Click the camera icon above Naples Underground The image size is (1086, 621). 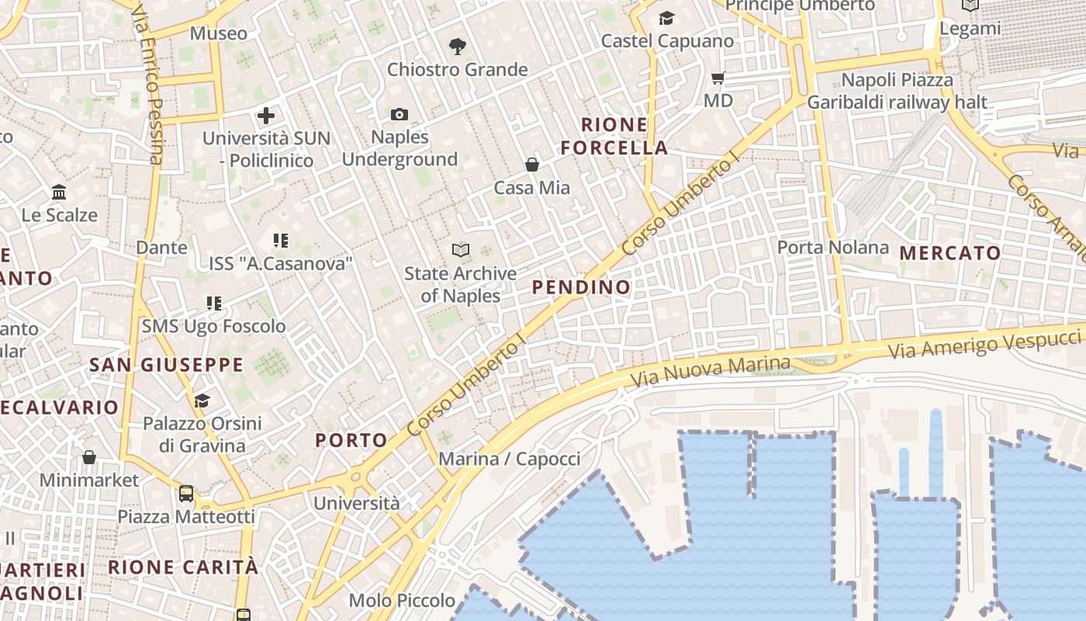[x=399, y=115]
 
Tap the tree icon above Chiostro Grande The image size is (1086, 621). [x=458, y=46]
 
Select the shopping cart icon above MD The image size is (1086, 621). [x=718, y=78]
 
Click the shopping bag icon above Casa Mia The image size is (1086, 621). [x=532, y=165]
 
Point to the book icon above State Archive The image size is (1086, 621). [x=461, y=250]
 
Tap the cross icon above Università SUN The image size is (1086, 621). [x=266, y=116]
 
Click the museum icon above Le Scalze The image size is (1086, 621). [x=59, y=192]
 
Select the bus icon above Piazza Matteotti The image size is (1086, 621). [x=186, y=493]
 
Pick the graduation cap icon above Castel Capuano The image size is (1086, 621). [x=666, y=18]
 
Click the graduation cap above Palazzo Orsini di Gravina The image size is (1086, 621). [x=202, y=401]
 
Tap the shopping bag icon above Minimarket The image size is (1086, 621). [x=89, y=457]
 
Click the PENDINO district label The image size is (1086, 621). [x=581, y=287]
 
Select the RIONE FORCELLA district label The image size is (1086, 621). [x=614, y=136]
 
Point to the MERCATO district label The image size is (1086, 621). [x=950, y=253]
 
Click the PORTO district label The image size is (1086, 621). [x=351, y=440]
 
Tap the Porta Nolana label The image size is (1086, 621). [x=833, y=248]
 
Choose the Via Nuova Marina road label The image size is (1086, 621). [x=710, y=373]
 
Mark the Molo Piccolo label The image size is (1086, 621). [x=402, y=600]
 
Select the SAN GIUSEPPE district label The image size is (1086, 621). [x=166, y=365]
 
